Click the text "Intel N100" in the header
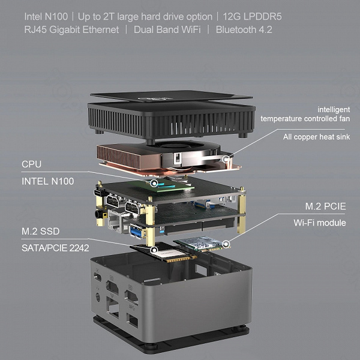(46, 17)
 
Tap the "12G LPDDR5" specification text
(252, 17)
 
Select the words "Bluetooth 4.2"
(244, 30)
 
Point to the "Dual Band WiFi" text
(167, 30)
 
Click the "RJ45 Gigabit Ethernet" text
(71, 30)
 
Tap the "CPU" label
(31, 164)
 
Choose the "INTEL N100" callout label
(48, 181)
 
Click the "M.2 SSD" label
(41, 231)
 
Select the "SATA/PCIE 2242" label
(55, 248)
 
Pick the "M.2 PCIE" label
(325, 206)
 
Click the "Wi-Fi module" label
(320, 223)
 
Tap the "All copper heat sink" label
(316, 137)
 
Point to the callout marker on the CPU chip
(154, 183)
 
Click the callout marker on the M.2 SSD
(154, 250)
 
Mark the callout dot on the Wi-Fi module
(226, 244)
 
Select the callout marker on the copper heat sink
(226, 158)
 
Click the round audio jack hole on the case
(98, 298)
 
